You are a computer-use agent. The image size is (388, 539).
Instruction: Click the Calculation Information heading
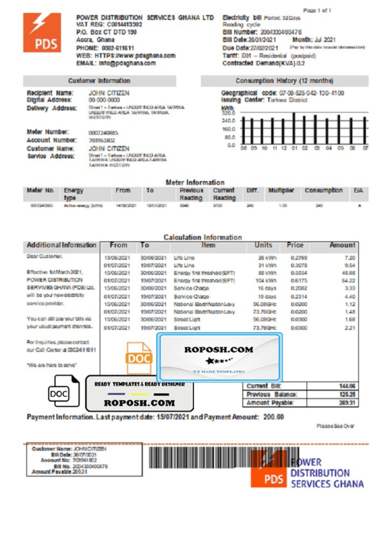pos(202,237)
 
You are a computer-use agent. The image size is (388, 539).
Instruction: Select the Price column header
pos(295,246)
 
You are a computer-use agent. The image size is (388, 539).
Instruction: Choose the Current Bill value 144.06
pos(347,386)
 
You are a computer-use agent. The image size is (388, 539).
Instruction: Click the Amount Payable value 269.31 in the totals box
pos(347,402)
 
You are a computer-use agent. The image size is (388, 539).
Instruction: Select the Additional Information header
pos(61,246)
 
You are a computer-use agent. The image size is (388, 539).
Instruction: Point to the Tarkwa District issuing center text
pos(291,101)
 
